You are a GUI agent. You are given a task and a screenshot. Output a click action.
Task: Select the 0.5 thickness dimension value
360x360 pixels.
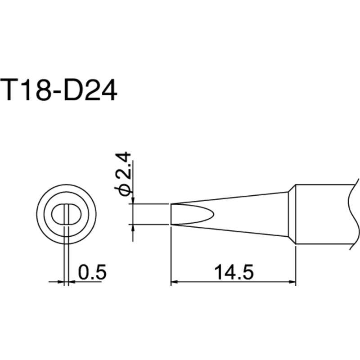pos(91,273)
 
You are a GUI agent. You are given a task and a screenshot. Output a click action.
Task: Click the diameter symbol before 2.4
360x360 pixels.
pos(125,189)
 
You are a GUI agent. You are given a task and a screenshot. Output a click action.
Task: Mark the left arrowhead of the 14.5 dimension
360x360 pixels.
pos(175,283)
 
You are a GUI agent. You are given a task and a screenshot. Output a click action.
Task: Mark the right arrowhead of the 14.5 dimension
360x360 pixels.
pos(292,283)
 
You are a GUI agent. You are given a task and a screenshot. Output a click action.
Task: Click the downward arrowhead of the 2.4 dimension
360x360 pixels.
pos(133,200)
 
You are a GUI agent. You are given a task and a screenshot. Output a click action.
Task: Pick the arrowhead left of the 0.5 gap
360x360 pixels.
pos(62,283)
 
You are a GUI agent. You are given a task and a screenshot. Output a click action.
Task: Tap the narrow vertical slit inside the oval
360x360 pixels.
pos(67,214)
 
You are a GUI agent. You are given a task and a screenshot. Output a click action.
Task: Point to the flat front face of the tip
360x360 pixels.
pos(171,214)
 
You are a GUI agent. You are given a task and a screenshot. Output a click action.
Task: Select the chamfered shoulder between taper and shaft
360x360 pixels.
pos(292,214)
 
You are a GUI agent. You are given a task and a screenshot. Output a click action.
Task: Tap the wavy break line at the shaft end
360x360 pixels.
pos(351,214)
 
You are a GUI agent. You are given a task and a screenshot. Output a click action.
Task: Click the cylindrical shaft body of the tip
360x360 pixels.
pos(322,214)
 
